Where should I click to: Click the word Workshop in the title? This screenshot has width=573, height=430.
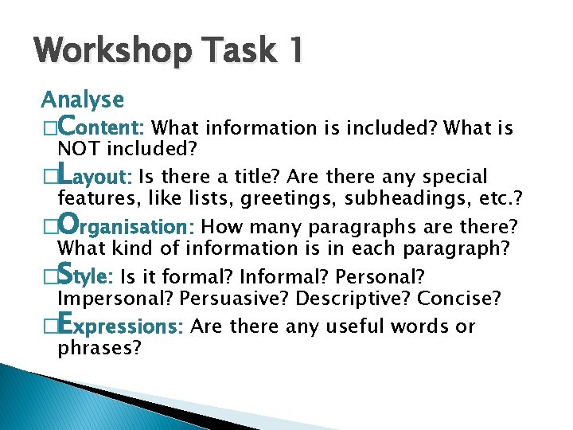tap(113, 53)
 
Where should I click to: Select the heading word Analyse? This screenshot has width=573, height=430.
tap(83, 100)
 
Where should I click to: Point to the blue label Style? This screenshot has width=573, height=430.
tap(86, 276)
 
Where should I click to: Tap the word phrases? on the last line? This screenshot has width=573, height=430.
tap(99, 349)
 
